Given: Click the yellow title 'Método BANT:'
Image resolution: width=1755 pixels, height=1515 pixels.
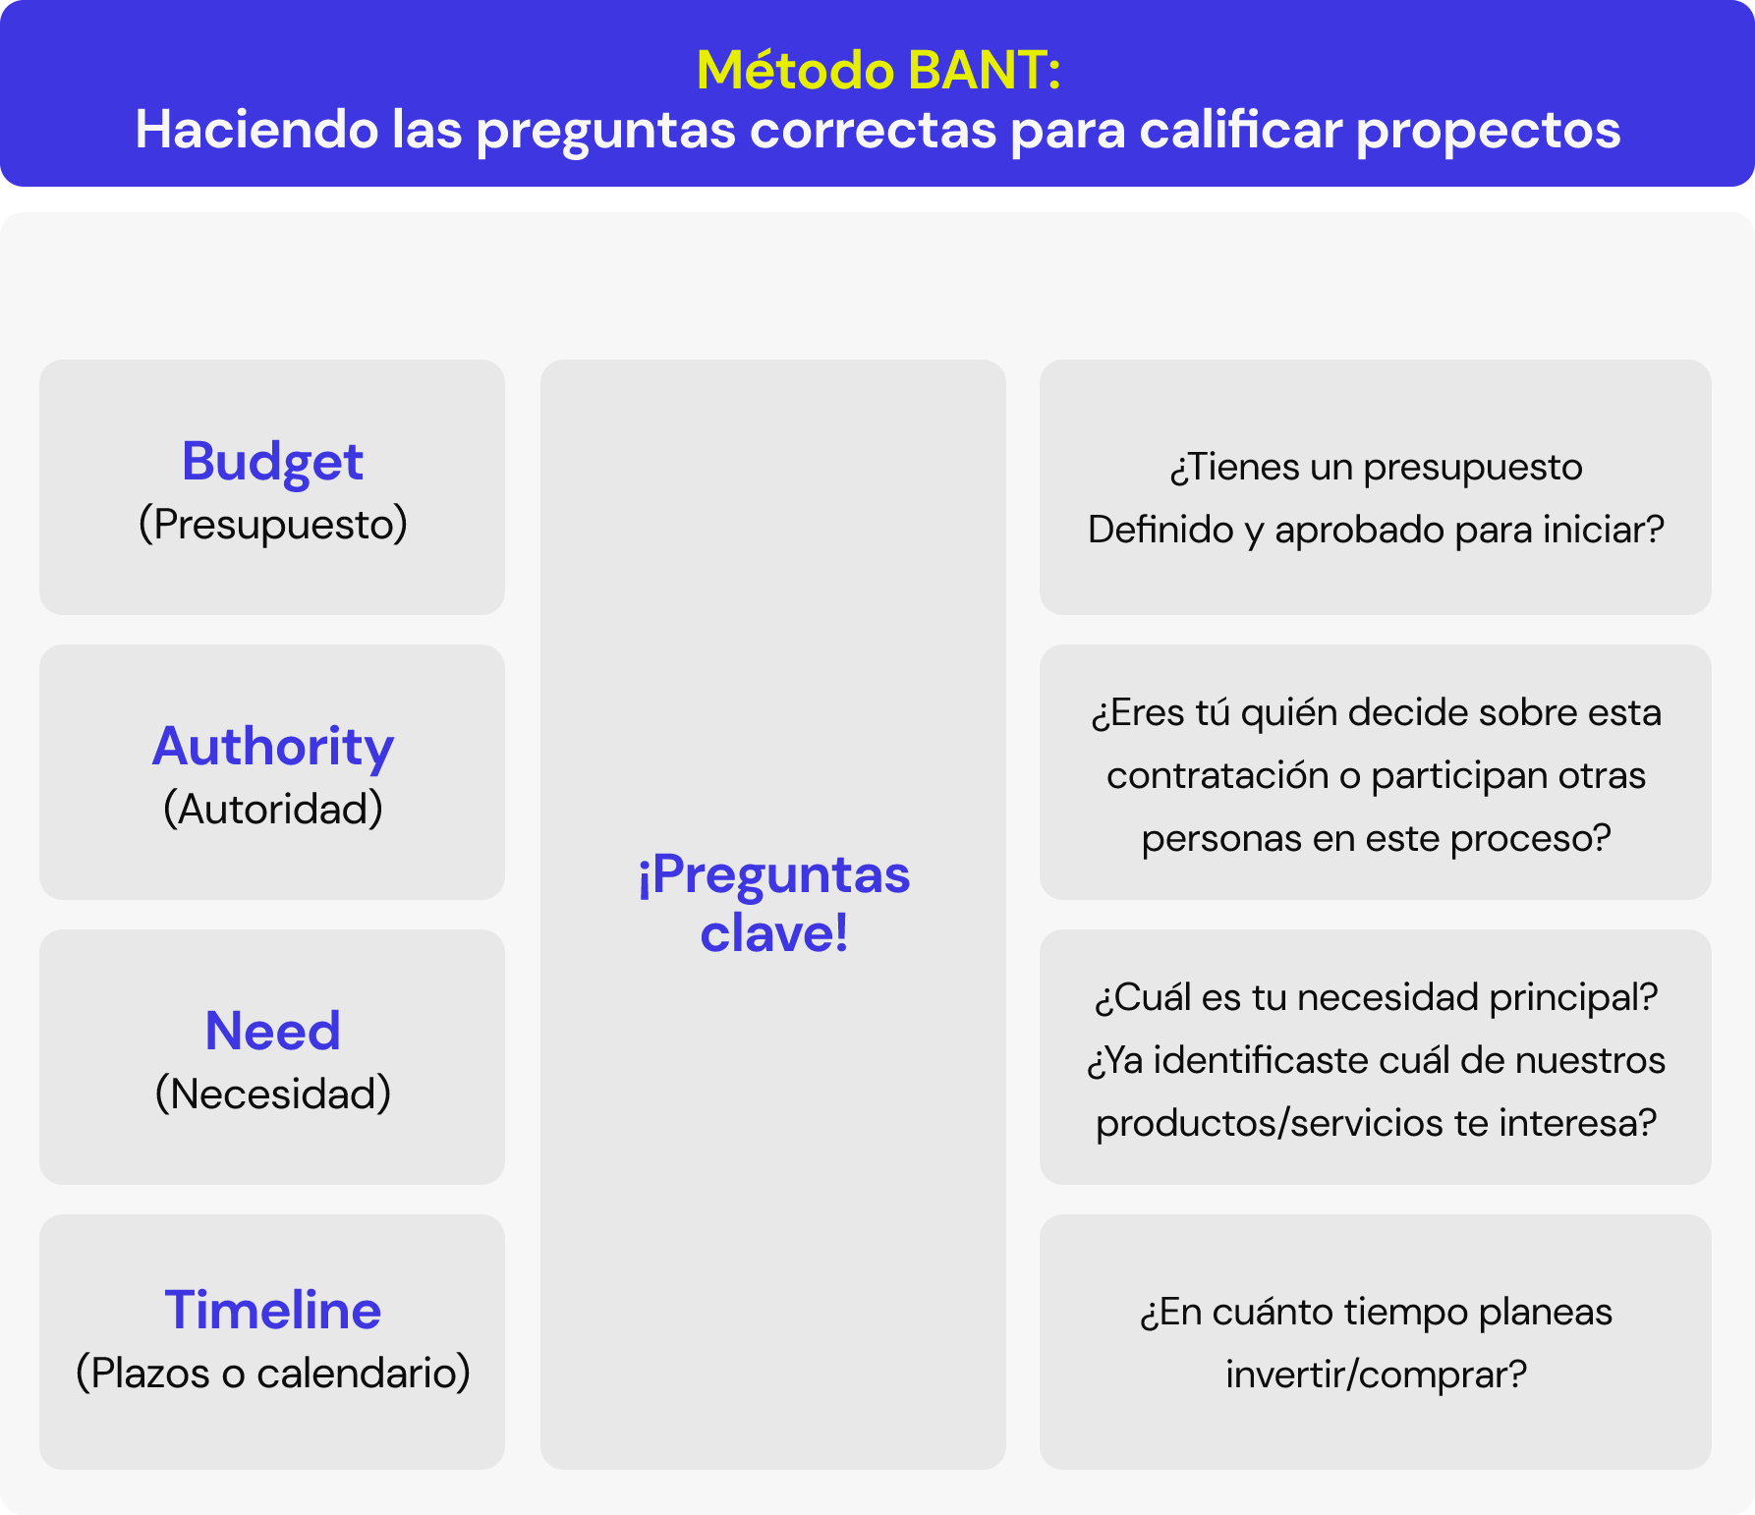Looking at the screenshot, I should (877, 71).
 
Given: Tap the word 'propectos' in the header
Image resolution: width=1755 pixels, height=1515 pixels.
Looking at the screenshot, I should (1488, 131).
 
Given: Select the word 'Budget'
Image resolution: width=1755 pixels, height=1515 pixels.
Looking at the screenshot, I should (272, 461).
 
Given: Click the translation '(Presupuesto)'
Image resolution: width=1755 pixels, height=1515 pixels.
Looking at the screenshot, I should (272, 525).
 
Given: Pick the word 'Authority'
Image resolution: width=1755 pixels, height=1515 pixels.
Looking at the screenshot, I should (272, 747).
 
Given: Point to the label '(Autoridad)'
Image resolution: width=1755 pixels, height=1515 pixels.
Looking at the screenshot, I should (272, 810).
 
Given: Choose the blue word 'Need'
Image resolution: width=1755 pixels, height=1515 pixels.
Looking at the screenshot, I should (272, 1032).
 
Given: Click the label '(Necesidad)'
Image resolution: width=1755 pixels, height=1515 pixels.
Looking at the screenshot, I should (272, 1094).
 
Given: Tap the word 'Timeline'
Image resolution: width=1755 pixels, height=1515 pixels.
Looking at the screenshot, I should (272, 1311).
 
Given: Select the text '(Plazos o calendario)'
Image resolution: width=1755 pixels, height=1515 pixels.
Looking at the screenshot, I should (272, 1374).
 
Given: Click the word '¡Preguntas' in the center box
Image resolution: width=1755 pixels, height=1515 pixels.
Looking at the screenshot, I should (773, 874).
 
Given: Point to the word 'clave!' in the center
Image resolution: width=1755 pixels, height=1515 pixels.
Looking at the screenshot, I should (773, 933).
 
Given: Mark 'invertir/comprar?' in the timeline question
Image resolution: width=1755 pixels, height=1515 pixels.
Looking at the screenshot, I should (1376, 1375).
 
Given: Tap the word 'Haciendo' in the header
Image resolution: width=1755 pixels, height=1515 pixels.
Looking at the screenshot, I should (256, 131).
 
